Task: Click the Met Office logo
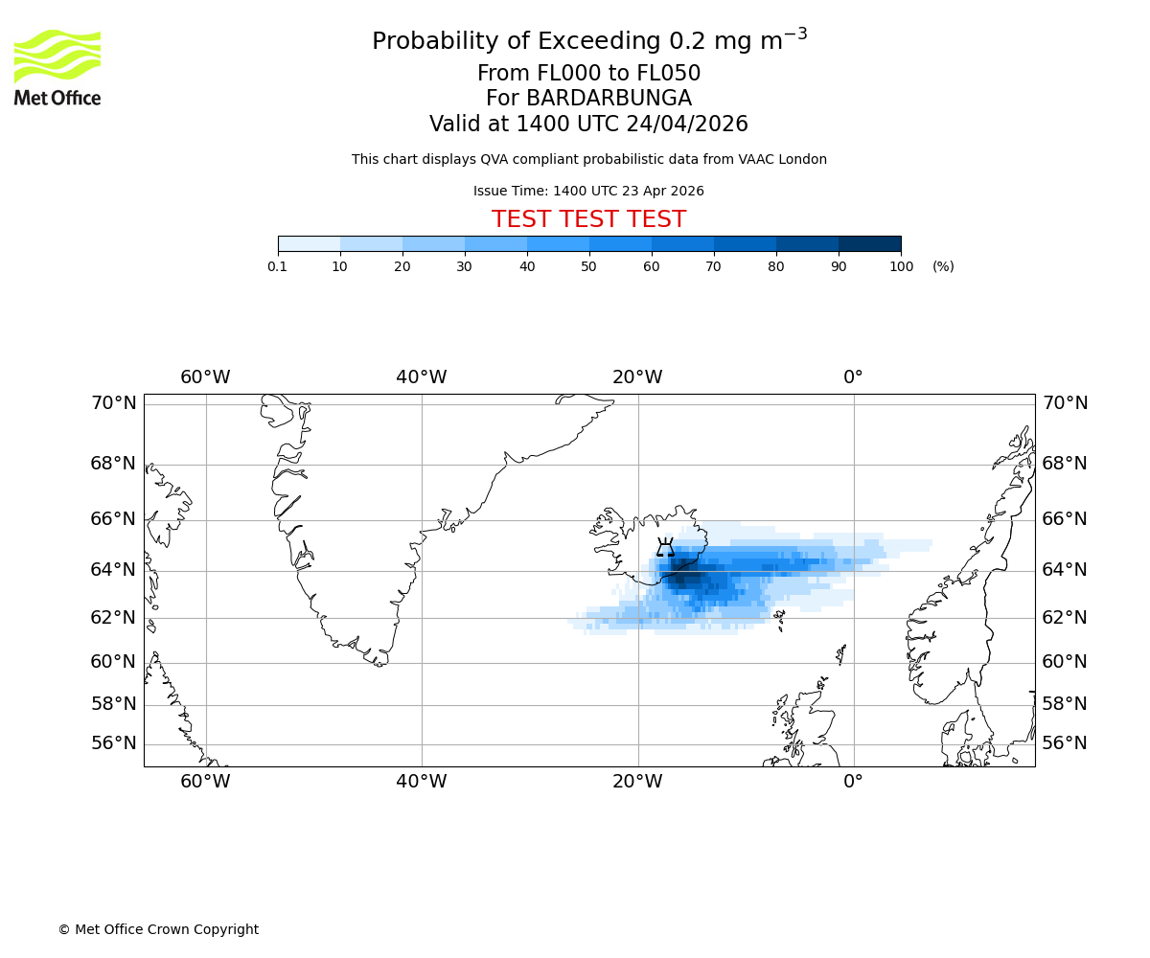pos(57,67)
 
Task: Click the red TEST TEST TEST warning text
pos(588,220)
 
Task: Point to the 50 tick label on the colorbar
pos(589,266)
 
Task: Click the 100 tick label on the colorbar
pos(901,266)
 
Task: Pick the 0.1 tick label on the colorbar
pos(278,266)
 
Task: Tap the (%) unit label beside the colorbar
pos(943,266)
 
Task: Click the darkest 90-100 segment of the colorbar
pos(869,243)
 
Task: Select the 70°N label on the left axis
pos(113,403)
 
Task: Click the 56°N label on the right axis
pos(1065,743)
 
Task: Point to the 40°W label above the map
pos(422,377)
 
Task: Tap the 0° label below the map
pos(853,782)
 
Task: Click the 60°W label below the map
pos(205,782)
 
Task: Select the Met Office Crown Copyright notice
pos(158,929)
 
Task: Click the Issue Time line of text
pos(588,191)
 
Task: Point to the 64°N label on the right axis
pos(1065,570)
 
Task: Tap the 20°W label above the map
pos(637,377)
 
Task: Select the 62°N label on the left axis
pos(113,618)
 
